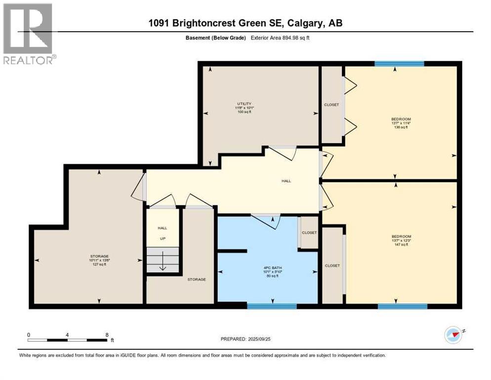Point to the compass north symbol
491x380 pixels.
click(453, 335)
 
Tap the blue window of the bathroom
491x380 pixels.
click(272, 306)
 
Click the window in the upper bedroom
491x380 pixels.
click(399, 63)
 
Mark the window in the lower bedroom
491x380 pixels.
click(402, 306)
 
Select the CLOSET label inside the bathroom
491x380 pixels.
click(309, 233)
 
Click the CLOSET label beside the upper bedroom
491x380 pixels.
click(331, 105)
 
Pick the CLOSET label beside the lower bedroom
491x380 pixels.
click(332, 266)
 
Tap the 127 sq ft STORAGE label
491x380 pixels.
click(99, 260)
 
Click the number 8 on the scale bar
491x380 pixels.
click(107, 334)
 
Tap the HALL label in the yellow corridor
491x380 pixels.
click(286, 181)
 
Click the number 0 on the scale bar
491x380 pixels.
click(29, 334)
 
